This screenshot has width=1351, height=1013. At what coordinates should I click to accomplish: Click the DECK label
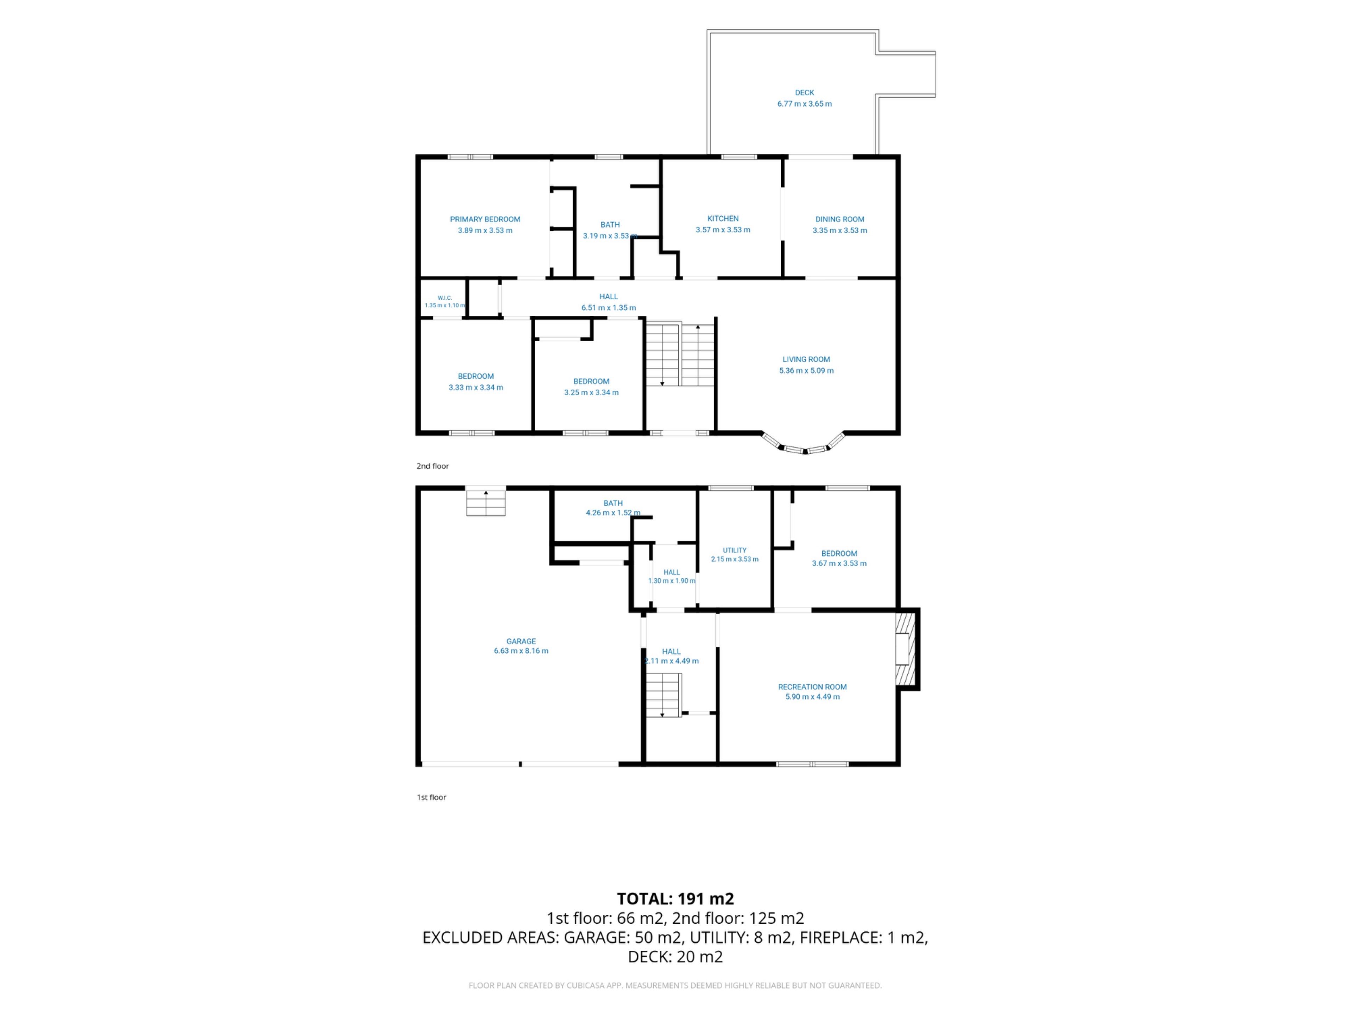point(804,93)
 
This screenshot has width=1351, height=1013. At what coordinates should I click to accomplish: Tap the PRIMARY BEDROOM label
point(485,219)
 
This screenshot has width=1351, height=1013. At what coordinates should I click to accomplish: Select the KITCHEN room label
point(723,218)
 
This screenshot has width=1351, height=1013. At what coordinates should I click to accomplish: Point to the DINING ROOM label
point(840,219)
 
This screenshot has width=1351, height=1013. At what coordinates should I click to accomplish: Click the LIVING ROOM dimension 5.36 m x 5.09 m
point(806,371)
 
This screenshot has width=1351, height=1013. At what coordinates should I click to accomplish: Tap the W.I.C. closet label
point(445,298)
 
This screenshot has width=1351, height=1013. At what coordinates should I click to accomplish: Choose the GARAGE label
point(521,641)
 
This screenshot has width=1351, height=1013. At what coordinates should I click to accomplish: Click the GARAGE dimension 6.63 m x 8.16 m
point(521,651)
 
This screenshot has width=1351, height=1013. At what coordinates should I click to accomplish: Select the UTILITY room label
point(735,550)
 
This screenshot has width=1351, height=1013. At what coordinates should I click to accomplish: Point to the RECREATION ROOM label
point(812,687)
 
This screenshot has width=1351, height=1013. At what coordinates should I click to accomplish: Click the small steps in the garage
point(486,503)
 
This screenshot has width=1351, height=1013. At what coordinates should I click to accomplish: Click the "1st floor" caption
point(431,797)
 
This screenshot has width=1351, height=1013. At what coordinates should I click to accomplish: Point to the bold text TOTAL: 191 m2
point(675,899)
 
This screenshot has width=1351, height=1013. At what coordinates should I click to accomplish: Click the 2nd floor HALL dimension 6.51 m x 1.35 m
point(608,308)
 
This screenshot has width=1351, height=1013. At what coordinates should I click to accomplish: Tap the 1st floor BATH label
point(613,503)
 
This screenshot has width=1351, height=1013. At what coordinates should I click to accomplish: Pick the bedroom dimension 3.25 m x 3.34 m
point(591,393)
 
